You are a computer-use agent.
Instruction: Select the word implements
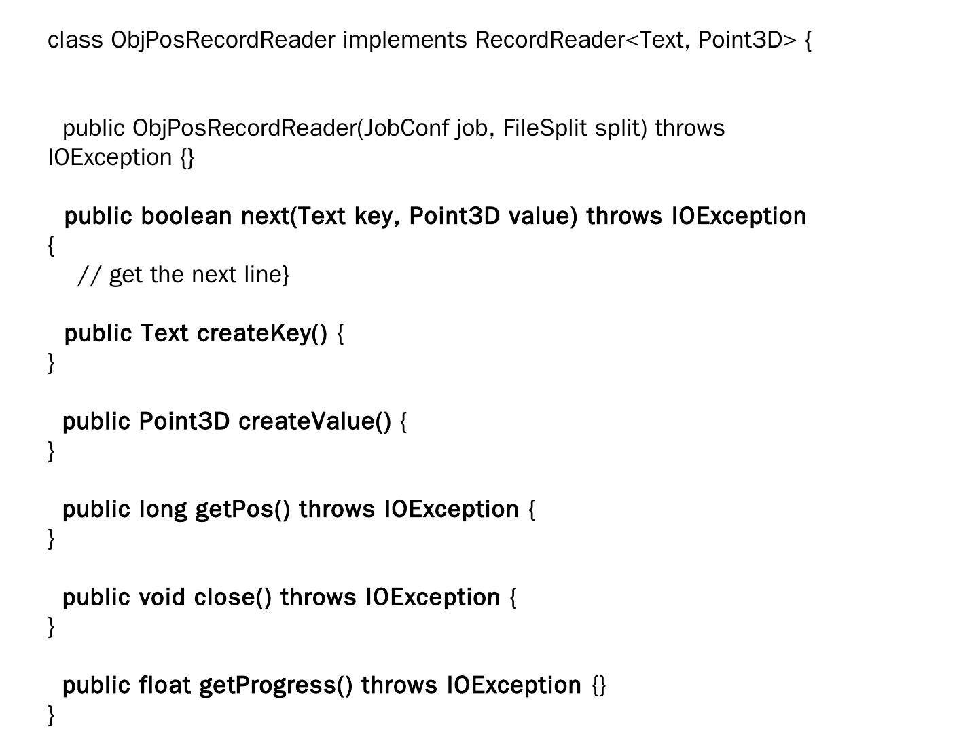(x=405, y=40)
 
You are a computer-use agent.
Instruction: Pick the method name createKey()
(x=262, y=334)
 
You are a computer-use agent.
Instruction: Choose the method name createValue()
(x=314, y=421)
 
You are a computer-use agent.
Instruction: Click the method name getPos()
(x=242, y=510)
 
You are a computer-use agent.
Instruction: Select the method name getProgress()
(x=276, y=685)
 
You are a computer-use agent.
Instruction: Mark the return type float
(x=164, y=685)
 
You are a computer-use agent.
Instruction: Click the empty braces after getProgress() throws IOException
(x=599, y=685)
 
